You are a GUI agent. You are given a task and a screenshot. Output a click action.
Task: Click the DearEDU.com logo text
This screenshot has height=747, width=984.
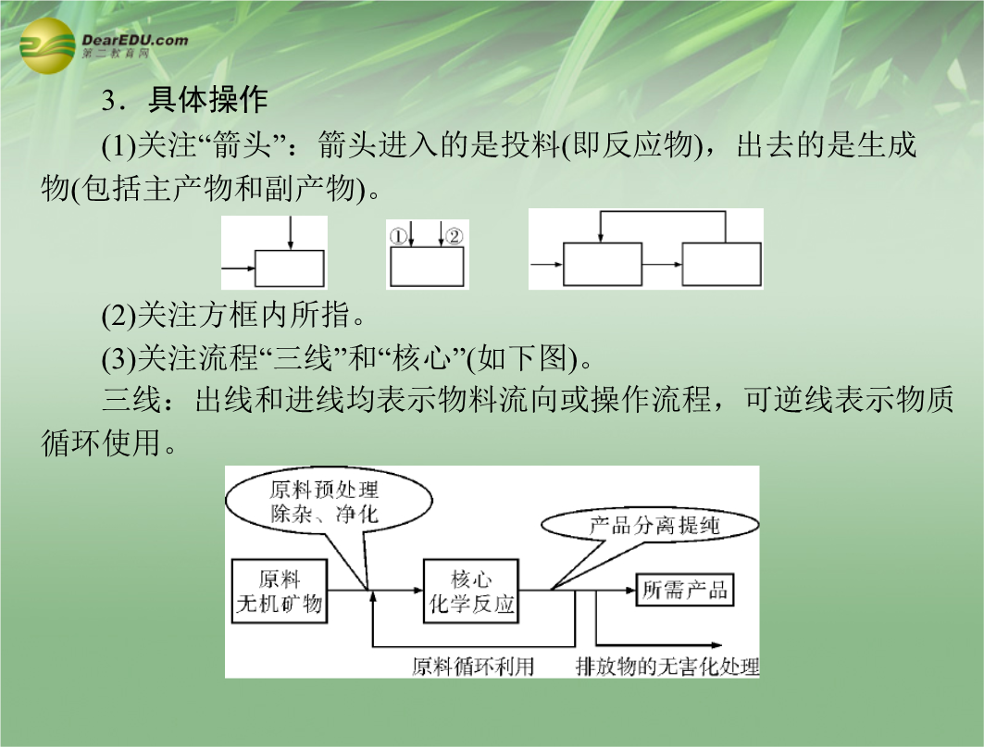point(134,40)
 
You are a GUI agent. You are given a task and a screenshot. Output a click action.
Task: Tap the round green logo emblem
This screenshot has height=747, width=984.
point(48,45)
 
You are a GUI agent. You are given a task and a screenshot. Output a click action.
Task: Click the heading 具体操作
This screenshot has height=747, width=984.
point(207,99)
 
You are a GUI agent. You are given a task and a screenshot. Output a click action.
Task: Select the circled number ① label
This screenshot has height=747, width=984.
point(398,237)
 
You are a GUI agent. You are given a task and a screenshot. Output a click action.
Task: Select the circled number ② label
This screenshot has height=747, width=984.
point(454,237)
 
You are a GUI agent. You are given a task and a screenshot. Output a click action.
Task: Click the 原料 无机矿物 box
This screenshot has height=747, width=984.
point(280,591)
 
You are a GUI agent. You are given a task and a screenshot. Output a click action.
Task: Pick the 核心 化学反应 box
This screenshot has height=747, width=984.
point(471,591)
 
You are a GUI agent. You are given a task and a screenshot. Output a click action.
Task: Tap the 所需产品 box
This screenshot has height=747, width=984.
point(685,590)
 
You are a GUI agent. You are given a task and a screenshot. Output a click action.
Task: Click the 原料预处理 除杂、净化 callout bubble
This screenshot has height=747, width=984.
point(329,503)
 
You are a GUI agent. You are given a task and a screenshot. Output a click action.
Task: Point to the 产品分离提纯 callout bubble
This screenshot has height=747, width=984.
point(650,526)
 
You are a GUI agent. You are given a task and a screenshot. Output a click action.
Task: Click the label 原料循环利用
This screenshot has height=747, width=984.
point(472,666)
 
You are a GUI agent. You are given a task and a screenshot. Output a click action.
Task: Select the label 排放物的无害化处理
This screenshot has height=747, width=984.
point(667,666)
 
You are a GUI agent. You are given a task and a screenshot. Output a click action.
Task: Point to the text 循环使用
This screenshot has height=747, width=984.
point(101,442)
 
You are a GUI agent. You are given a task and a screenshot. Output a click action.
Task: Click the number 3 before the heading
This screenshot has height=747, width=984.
point(108,101)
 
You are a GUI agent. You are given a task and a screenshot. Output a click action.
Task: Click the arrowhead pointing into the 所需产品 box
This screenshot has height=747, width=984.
point(631,590)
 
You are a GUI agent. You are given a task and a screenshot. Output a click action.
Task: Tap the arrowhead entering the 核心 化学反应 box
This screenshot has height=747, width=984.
point(418,590)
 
